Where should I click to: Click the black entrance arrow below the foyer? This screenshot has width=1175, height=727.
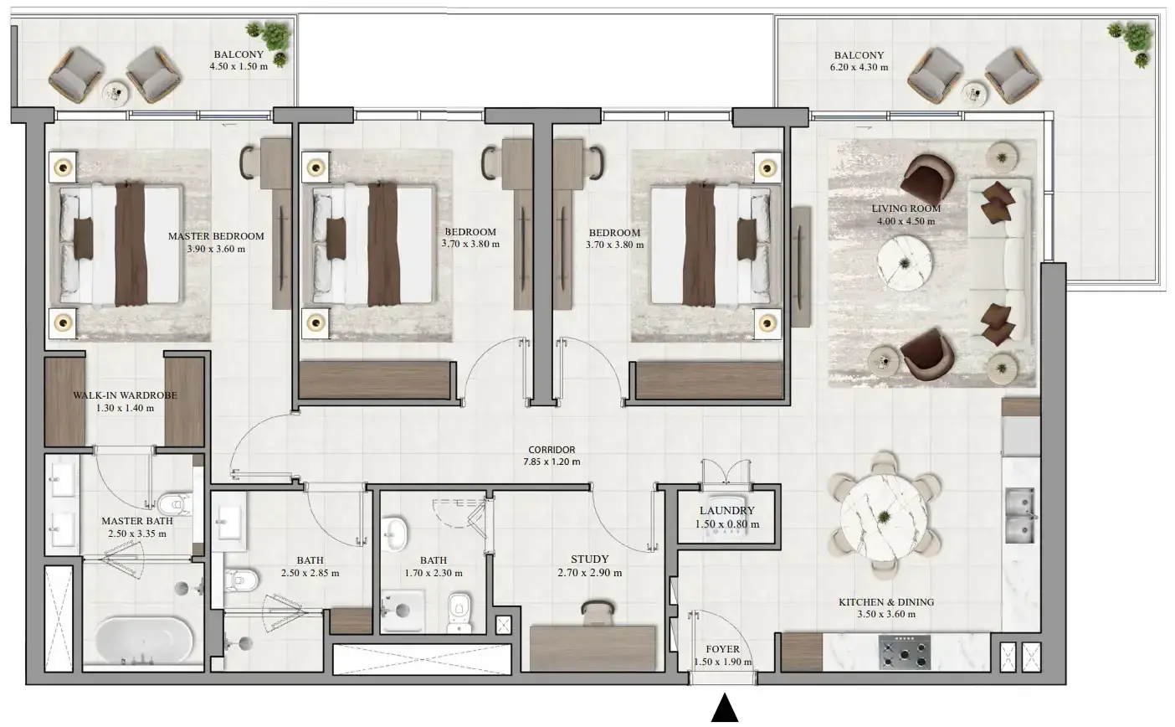coord(725,708)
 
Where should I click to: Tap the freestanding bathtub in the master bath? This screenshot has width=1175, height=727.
coord(144,640)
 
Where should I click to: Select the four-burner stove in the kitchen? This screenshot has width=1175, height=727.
coord(905,652)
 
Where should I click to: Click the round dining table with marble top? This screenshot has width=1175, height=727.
coord(884,518)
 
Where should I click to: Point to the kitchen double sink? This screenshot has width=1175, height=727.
coord(1020,515)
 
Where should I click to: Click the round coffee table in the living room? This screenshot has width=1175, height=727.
coord(905,262)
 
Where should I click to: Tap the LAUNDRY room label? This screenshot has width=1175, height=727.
coord(727,510)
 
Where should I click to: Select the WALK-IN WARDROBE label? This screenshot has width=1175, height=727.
coord(125,395)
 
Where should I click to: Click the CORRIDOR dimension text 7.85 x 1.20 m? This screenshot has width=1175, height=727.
coord(552,462)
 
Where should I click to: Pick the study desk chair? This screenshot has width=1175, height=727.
coord(598,612)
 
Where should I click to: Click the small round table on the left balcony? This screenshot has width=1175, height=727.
coord(115,95)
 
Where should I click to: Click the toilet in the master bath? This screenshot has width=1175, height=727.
coord(175,505)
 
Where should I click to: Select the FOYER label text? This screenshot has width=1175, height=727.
coord(722,649)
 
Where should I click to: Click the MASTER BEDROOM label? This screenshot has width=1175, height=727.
coord(216,236)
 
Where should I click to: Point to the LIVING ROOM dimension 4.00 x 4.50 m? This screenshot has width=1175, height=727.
coord(906,221)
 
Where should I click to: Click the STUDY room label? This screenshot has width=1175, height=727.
coord(590,559)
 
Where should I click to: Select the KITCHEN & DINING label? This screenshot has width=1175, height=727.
coord(886,602)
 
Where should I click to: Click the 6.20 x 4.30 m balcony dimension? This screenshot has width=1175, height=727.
coord(859,67)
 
